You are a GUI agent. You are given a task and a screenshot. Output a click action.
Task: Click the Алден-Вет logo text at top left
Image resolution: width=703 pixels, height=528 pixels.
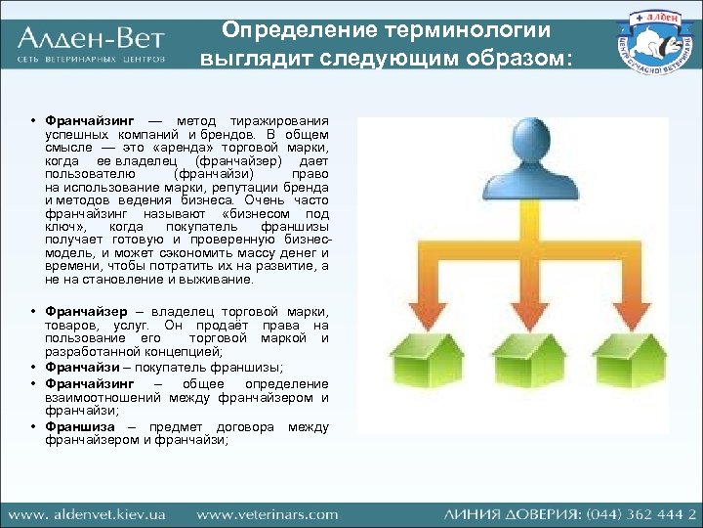coord(90,40)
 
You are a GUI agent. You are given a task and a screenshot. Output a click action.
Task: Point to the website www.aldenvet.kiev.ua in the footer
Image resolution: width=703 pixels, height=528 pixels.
coord(88,513)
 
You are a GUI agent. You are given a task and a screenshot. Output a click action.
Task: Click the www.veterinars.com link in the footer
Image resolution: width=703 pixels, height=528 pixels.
coord(267,513)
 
